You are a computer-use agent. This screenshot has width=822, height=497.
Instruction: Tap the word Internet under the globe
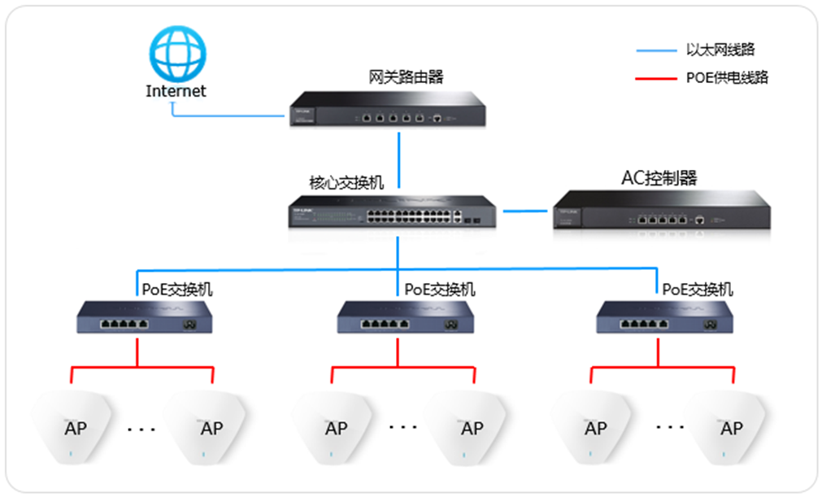(x=176, y=91)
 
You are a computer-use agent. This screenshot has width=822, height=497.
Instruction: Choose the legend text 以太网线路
(x=715, y=50)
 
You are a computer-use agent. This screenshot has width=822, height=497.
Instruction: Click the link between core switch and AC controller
(x=526, y=211)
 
